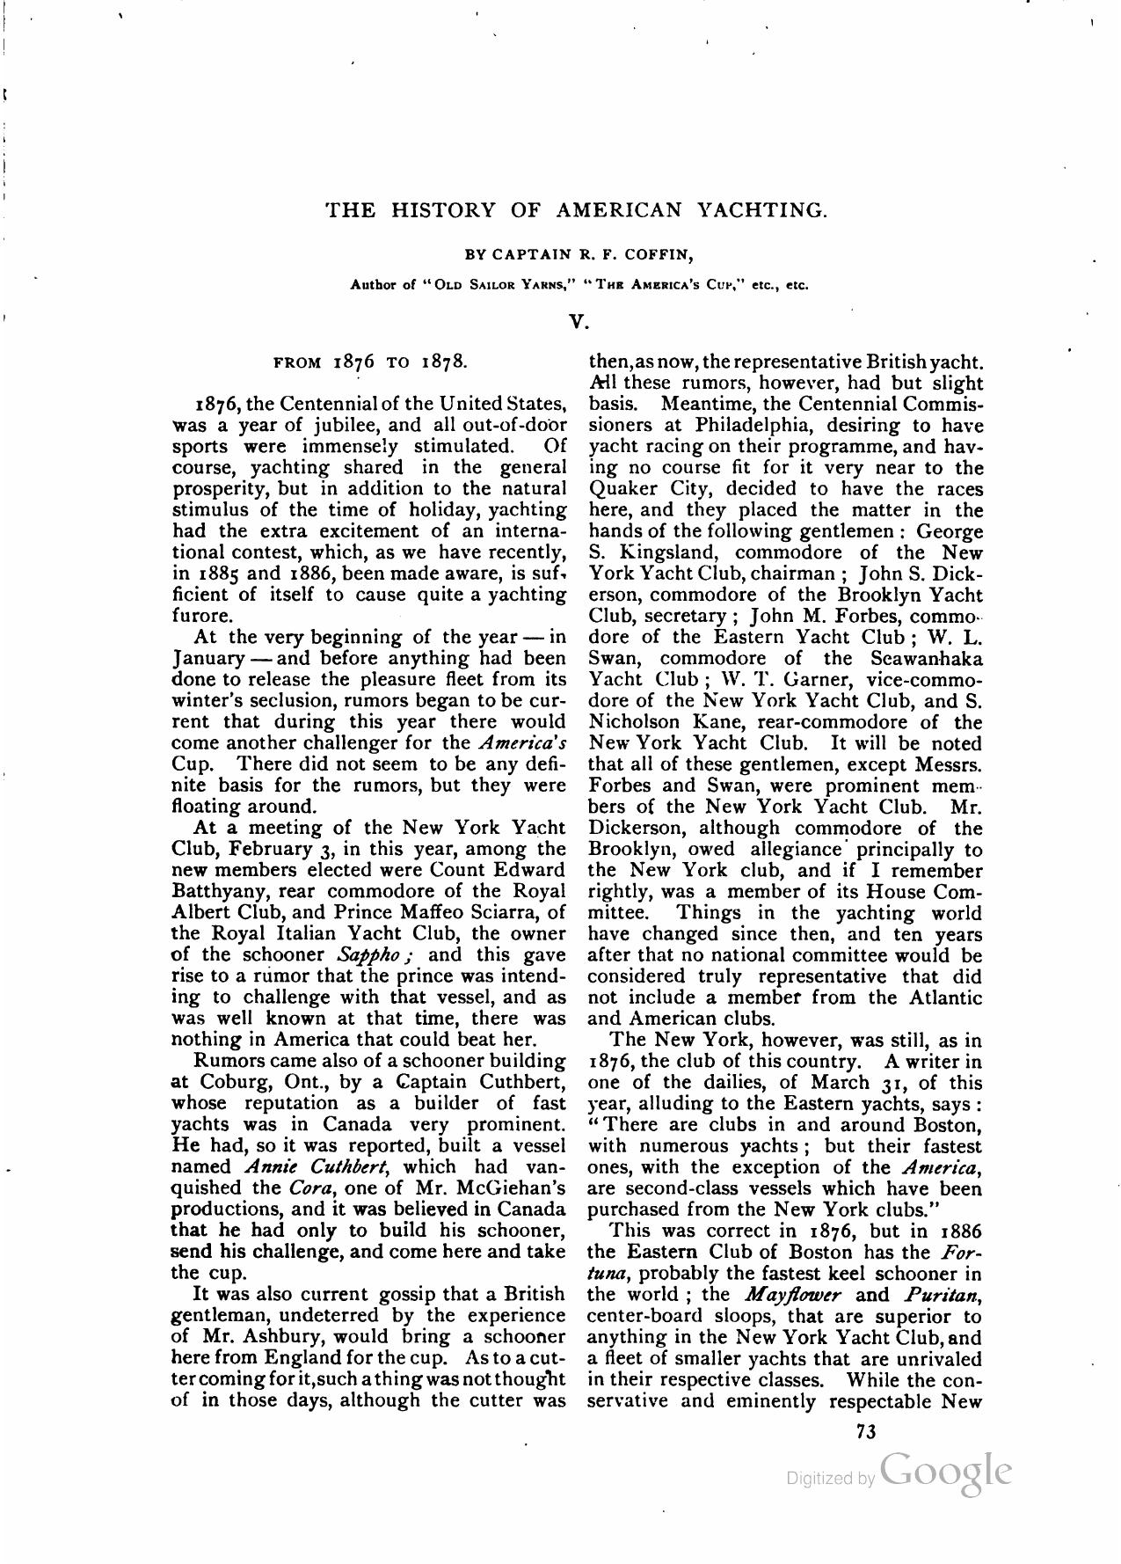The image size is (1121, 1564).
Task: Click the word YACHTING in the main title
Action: point(761,209)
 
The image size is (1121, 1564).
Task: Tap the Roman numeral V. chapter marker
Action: point(577,322)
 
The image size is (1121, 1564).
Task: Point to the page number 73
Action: point(865,1431)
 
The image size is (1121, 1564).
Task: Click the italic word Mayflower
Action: point(793,1295)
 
